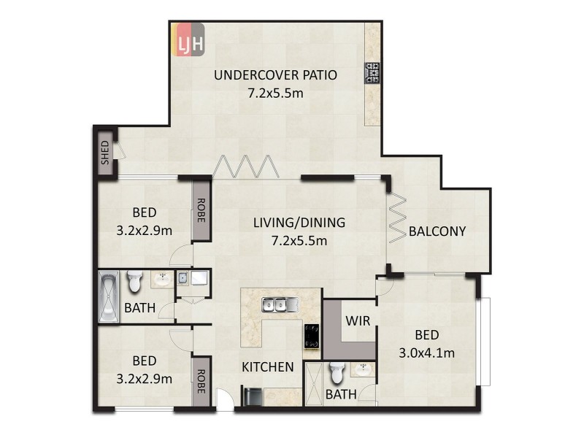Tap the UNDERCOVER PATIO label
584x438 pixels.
(275, 74)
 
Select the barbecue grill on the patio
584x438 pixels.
(372, 74)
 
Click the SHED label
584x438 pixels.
(105, 153)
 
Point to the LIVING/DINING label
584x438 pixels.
(299, 223)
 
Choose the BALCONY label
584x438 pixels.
(437, 231)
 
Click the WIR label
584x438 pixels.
(357, 320)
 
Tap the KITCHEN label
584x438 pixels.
(268, 366)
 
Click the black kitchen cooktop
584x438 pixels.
(312, 337)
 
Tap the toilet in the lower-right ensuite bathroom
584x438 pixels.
(337, 373)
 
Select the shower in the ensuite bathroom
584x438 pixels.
(315, 381)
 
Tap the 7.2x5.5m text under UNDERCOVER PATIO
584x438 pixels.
(275, 93)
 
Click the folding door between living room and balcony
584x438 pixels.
(397, 218)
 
